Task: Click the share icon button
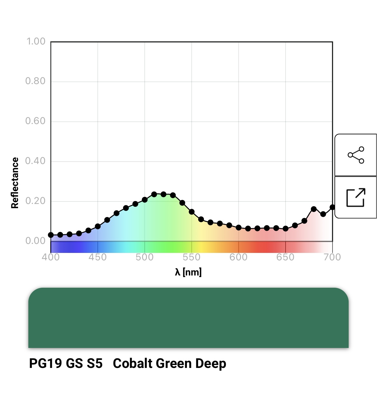356,155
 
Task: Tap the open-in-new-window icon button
356,197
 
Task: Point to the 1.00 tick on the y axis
36,41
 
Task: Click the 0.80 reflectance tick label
35,81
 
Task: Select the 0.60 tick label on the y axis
35,121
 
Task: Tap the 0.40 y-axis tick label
35,161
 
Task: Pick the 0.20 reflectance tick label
35,201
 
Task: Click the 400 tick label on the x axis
51,257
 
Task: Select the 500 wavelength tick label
144,257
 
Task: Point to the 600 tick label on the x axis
238,257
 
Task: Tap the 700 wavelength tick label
332,257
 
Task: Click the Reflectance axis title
15,183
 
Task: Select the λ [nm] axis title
188,272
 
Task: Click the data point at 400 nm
51,235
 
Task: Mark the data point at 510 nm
154,194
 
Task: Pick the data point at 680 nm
314,209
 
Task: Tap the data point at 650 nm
285,228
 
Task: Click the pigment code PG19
45,363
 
